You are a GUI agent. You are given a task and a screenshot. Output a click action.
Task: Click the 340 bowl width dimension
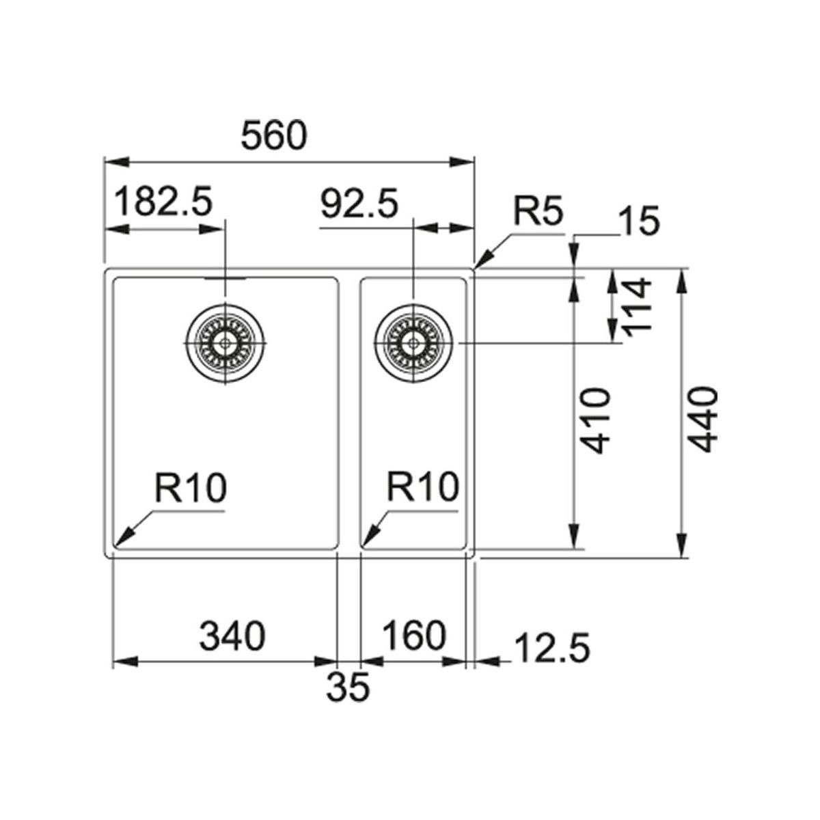232,636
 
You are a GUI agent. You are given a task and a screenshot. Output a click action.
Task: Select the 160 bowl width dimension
413,636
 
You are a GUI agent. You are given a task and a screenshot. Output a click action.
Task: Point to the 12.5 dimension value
551,647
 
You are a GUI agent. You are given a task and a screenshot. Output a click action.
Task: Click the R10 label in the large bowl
189,489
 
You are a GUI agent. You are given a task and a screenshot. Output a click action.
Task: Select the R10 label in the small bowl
422,489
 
